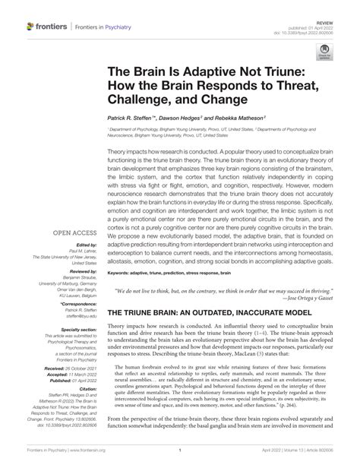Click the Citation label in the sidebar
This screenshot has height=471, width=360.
click(x=87, y=387)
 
